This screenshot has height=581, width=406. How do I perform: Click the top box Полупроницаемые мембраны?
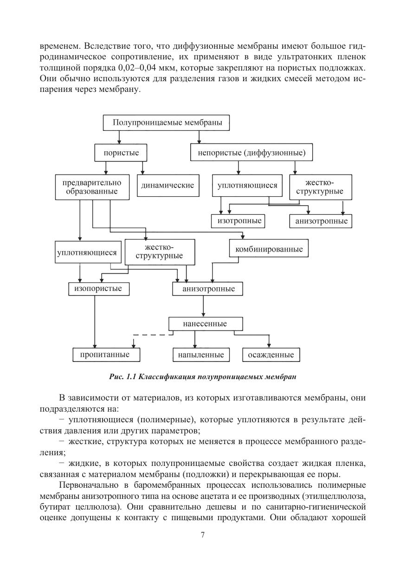[x=167, y=123]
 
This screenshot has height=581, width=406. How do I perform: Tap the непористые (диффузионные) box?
[x=251, y=152]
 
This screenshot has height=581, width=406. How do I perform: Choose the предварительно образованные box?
[x=92, y=187]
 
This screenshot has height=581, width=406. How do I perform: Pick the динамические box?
[x=168, y=185]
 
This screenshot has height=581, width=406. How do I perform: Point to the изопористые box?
[x=98, y=289]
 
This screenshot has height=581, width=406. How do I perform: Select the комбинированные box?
[x=269, y=249]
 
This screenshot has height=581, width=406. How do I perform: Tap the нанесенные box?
[x=205, y=323]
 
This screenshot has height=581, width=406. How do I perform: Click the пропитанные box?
[x=107, y=355]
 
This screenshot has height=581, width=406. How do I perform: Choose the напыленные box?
[x=201, y=355]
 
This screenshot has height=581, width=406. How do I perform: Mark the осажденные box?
[x=271, y=355]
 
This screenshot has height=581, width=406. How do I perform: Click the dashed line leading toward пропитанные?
[x=152, y=335]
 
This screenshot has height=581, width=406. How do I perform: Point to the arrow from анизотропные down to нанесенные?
[x=204, y=306]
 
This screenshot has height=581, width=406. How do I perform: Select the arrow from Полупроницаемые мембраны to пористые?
[x=119, y=137]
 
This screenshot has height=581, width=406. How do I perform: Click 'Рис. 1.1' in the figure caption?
[x=122, y=376]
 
